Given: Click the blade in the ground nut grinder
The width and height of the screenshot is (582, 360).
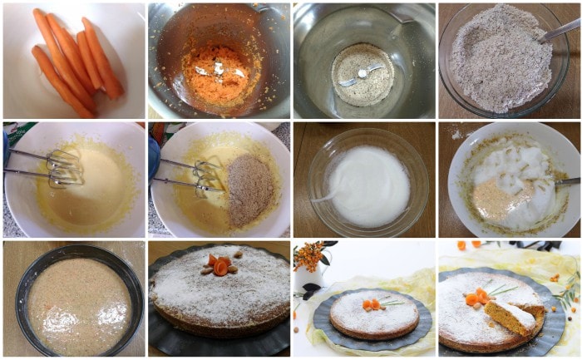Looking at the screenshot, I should (x=361, y=74).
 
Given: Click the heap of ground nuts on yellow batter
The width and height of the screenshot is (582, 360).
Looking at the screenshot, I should (x=250, y=190).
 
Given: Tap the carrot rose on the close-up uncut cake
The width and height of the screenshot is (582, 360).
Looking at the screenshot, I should (x=220, y=265).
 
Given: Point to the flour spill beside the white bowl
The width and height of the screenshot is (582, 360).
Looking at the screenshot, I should (x=456, y=133).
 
